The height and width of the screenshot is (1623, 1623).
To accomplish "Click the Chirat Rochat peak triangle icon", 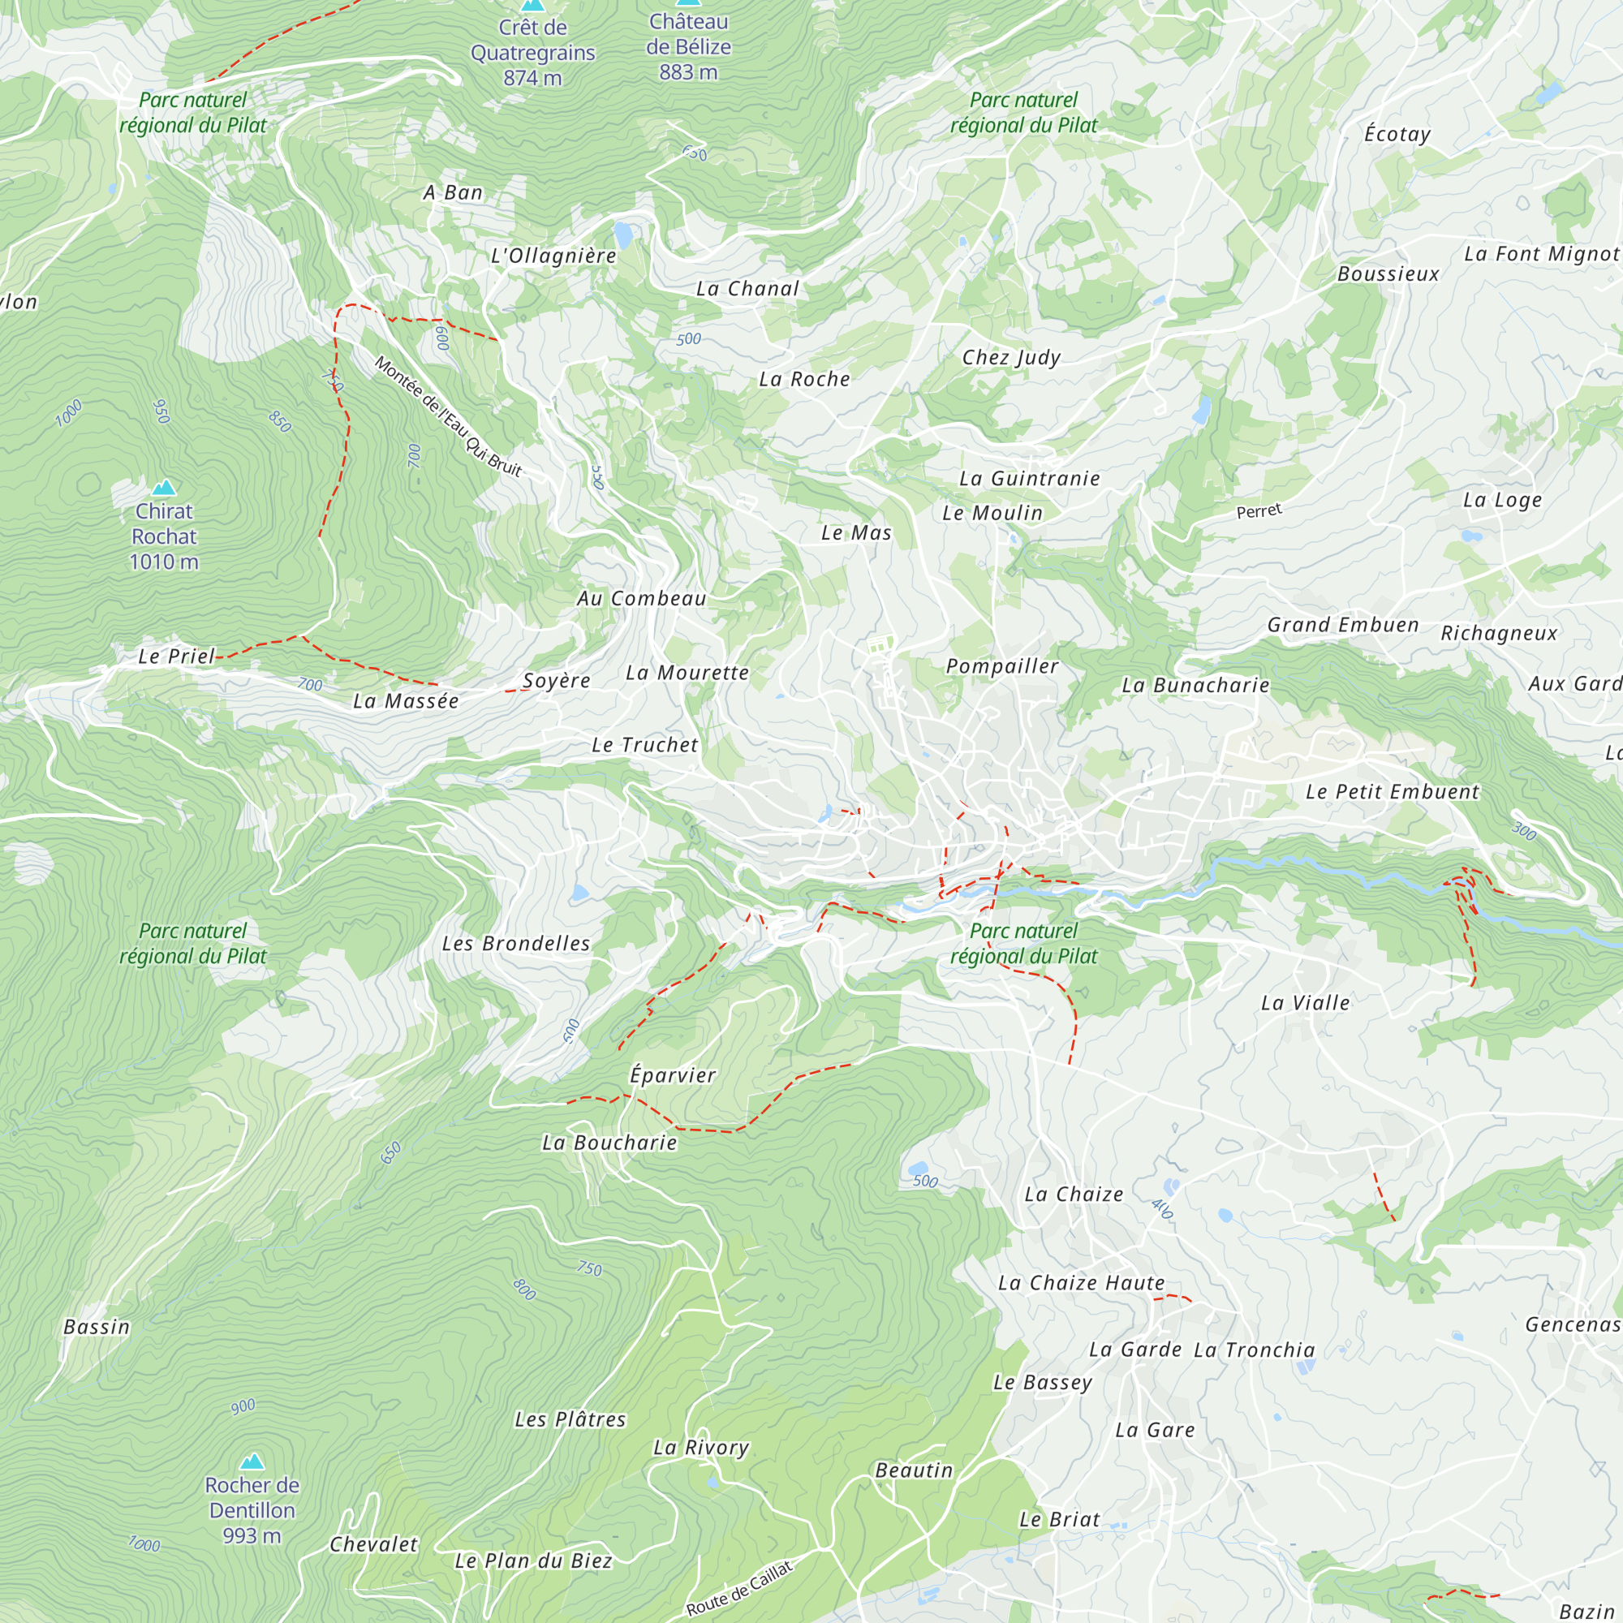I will coord(164,487).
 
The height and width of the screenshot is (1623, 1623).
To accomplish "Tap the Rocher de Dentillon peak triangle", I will coord(252,1462).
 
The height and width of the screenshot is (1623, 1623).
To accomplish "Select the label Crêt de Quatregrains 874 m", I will coord(532,52).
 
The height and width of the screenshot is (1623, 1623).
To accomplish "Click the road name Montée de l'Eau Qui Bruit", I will coord(448,416).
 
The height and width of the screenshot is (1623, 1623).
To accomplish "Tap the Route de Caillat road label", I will coord(739,1589).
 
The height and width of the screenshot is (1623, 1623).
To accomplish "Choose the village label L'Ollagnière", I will coord(553,256).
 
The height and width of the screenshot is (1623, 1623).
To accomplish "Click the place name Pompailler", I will coord(1002,666).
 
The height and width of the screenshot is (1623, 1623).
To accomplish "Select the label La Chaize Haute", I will coord(1081,1283).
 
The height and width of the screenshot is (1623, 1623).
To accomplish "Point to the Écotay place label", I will coord(1397,135).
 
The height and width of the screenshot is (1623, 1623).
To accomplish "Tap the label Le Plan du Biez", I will coord(533,1561).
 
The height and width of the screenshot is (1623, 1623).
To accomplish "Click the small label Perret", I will coord(1259,510).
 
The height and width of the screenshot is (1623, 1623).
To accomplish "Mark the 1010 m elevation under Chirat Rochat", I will coord(164,562).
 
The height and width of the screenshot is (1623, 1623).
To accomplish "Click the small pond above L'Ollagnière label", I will coord(622,233).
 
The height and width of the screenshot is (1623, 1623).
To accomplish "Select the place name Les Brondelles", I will coord(516,944).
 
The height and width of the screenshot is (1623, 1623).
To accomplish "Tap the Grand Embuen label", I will coord(1342,625).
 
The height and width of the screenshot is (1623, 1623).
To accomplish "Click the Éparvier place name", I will coord(673,1075).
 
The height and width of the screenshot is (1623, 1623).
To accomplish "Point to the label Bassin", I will coord(97,1328).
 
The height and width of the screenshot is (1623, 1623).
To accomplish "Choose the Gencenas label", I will coord(1572,1325).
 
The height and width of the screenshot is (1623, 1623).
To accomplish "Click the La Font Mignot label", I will coord(1542,254).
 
